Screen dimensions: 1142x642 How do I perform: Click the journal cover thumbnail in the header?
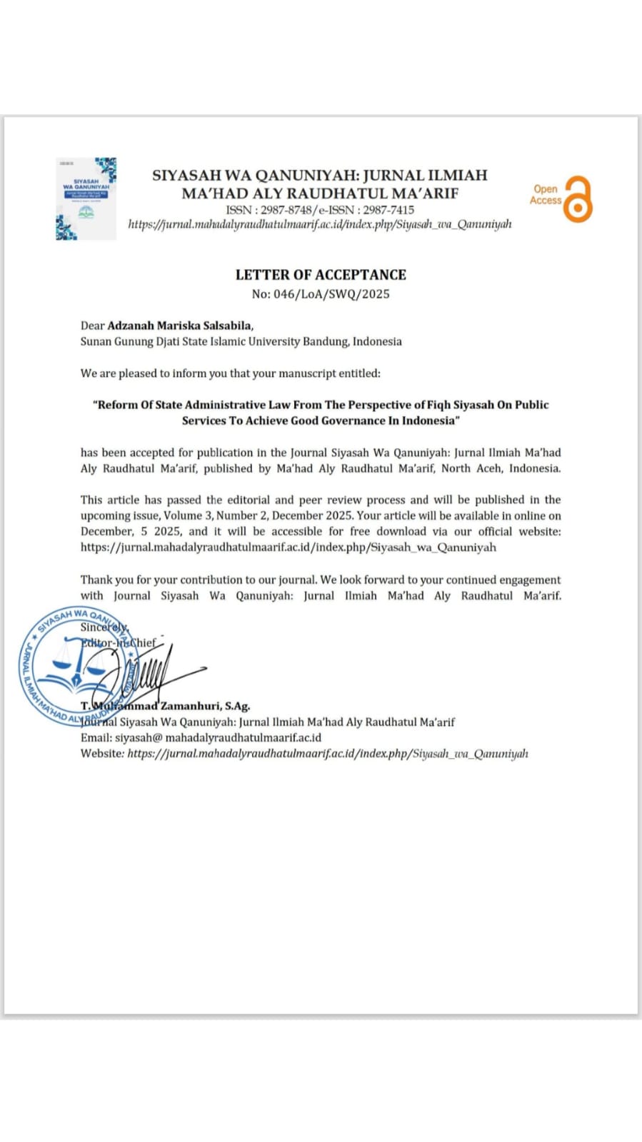pyautogui.click(x=86, y=198)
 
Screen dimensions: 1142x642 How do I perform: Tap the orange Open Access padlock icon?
pyautogui.click(x=577, y=199)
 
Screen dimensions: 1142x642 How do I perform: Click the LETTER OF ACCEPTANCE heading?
pyautogui.click(x=321, y=275)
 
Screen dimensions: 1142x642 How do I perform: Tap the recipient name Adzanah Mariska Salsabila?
pyautogui.click(x=180, y=325)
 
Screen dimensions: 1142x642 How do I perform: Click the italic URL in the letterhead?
pyautogui.click(x=320, y=224)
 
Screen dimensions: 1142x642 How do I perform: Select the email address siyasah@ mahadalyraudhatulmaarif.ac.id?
pyautogui.click(x=218, y=737)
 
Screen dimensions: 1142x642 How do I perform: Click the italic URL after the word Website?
pyautogui.click(x=328, y=753)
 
